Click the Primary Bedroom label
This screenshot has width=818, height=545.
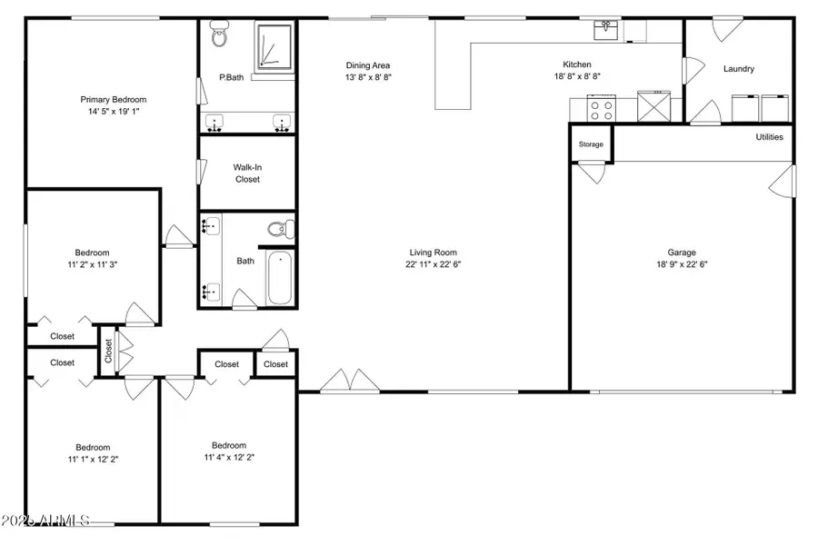pyautogui.click(x=114, y=100)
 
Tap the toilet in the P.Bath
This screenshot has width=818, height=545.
pyautogui.click(x=218, y=36)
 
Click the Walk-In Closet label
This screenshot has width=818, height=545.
pyautogui.click(x=247, y=173)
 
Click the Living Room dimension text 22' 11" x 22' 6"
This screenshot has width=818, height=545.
pyautogui.click(x=433, y=265)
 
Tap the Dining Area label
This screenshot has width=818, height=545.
pyautogui.click(x=368, y=65)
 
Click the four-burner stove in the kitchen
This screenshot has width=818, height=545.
pyautogui.click(x=602, y=110)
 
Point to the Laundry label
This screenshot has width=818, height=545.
pyautogui.click(x=738, y=69)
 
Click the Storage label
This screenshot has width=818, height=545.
pyautogui.click(x=591, y=144)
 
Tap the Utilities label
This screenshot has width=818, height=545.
pyautogui.click(x=769, y=137)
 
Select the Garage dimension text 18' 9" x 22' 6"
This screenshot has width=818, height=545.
pyautogui.click(x=682, y=265)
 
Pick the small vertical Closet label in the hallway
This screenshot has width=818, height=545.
pyautogui.click(x=108, y=351)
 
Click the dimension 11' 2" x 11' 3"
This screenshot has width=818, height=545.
pyautogui.click(x=92, y=265)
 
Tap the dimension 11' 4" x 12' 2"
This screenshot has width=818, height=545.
pyautogui.click(x=228, y=458)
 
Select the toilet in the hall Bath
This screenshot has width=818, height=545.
pyautogui.click(x=278, y=229)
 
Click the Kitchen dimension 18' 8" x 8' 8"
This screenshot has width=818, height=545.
pyautogui.click(x=577, y=77)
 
